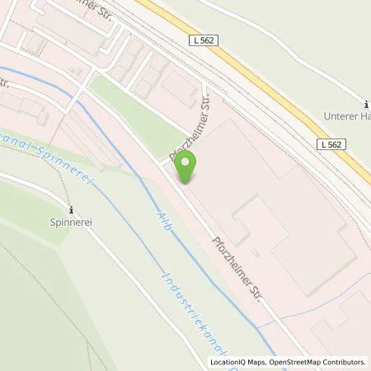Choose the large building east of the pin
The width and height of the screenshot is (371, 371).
point(289,206)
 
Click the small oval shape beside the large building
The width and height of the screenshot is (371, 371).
point(255,251)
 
